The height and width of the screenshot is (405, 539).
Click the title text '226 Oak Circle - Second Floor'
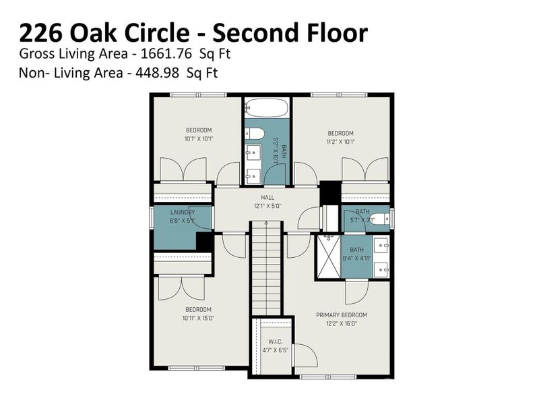193,32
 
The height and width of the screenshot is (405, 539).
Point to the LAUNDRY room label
182,212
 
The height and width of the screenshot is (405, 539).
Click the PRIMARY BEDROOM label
342,315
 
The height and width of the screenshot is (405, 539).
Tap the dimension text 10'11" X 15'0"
199,318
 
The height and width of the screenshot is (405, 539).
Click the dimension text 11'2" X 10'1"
340,142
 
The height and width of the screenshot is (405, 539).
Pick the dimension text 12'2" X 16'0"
342,323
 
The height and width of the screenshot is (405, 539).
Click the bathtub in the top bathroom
266,107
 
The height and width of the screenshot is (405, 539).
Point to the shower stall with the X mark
328,256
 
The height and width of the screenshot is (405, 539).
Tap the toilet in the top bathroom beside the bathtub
255,133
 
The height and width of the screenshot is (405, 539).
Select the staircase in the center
265,270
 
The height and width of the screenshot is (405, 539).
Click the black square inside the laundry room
204,242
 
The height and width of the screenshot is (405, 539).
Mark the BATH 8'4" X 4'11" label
356,250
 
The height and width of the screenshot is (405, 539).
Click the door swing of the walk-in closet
303,356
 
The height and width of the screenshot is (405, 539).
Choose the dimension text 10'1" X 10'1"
199,139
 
